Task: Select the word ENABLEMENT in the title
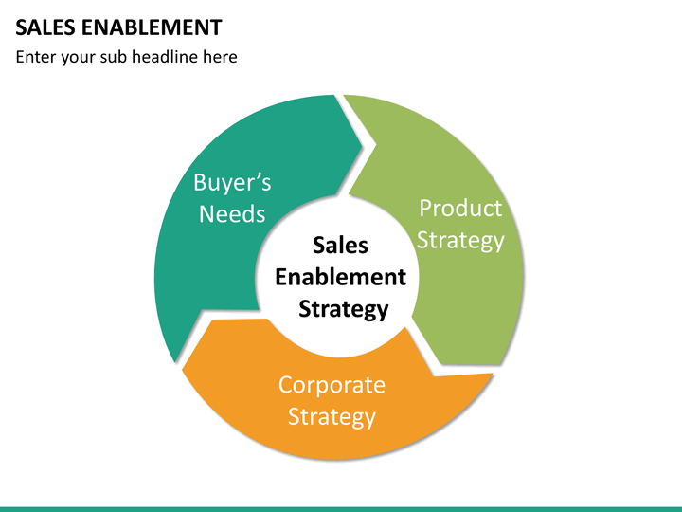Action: click(152, 27)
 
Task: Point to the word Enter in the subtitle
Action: click(35, 57)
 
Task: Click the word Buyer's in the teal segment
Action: click(232, 182)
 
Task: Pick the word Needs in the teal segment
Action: click(232, 213)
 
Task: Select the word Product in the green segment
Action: click(460, 208)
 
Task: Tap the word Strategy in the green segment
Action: click(460, 240)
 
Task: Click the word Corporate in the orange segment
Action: click(332, 385)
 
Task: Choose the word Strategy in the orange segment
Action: click(332, 416)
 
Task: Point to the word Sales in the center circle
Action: click(341, 246)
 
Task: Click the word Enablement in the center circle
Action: click(341, 277)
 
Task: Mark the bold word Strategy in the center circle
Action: click(344, 309)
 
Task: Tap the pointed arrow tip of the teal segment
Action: click(362, 145)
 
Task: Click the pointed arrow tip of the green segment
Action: click(440, 364)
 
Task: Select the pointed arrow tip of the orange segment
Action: click(182, 370)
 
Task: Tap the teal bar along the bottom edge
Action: click(341, 509)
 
